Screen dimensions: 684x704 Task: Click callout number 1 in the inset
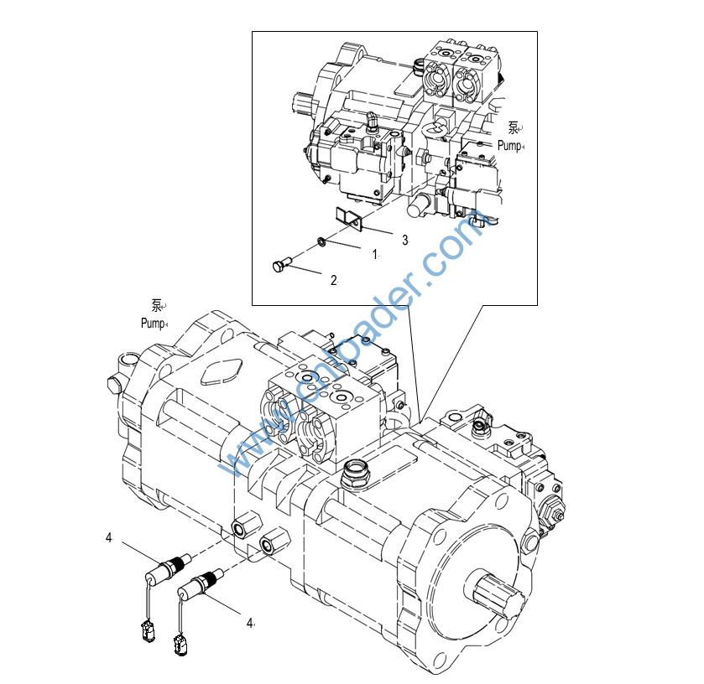click(x=375, y=253)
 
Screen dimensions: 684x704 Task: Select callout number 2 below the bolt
click(x=333, y=280)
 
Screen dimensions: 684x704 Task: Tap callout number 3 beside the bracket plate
click(x=404, y=240)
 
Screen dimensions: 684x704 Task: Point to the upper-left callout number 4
click(x=108, y=537)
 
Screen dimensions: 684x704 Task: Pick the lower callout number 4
click(x=249, y=622)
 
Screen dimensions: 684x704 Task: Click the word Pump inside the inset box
click(x=508, y=145)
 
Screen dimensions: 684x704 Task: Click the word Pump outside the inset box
click(x=153, y=323)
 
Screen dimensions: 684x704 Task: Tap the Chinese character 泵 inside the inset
click(x=514, y=127)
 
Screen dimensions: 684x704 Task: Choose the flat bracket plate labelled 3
click(x=349, y=219)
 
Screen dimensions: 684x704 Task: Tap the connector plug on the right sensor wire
click(x=179, y=644)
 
